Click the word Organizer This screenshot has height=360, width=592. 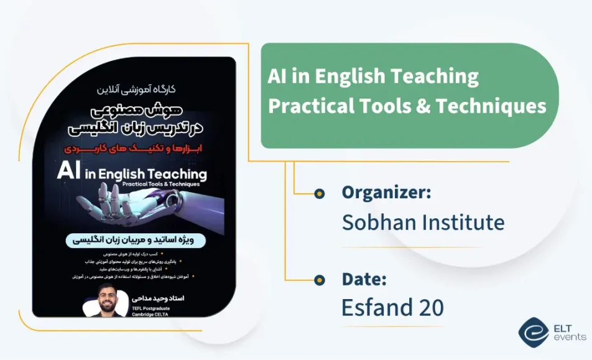[386, 193]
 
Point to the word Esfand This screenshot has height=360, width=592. [381, 308]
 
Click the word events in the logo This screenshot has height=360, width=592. [569, 338]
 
